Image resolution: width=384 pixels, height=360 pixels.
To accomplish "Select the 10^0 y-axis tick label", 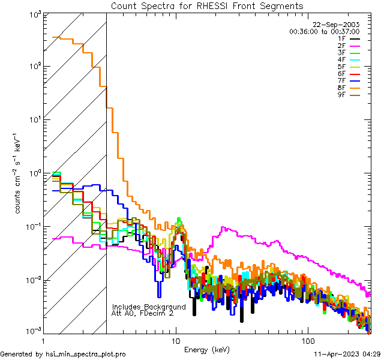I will point(36,174).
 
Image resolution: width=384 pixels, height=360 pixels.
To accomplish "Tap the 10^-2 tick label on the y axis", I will point(35,281).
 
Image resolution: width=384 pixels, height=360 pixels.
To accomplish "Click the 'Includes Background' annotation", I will point(149,307).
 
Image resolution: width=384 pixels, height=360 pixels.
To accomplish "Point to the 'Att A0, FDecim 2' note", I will point(142,313).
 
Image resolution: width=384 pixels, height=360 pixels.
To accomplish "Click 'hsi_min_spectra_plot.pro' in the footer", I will point(86,354).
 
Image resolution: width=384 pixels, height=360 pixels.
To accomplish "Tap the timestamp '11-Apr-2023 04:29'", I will point(347,354).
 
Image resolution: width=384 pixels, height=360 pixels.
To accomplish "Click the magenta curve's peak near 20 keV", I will point(223,227).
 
